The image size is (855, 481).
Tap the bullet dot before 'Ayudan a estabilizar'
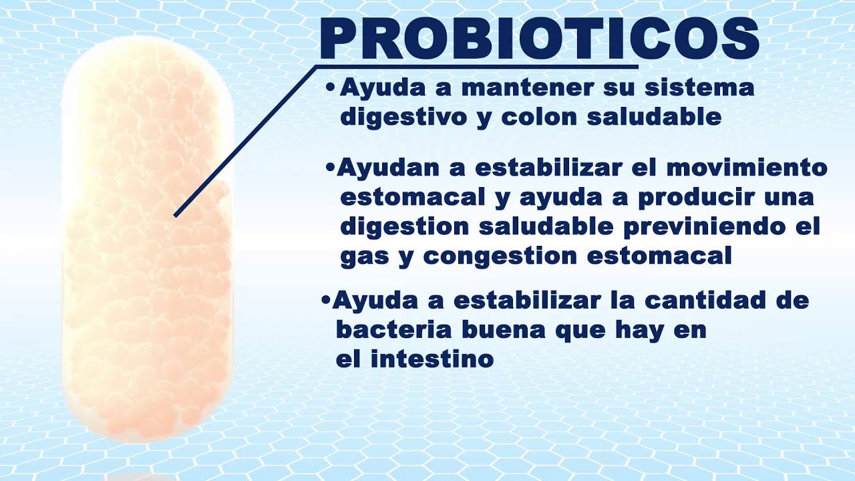tap(329, 168)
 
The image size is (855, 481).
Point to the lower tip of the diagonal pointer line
tap(175, 215)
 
